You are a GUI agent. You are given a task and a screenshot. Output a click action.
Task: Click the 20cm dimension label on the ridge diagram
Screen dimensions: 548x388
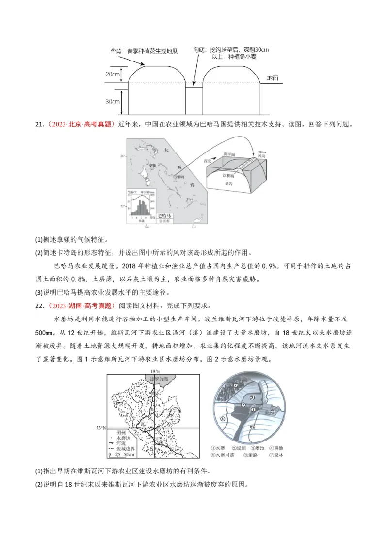point(112,74)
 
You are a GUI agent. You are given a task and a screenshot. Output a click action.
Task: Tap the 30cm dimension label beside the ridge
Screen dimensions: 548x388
point(112,101)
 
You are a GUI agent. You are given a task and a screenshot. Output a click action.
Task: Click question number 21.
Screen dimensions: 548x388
point(39,125)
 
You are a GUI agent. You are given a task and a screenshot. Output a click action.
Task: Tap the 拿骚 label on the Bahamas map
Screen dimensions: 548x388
point(152,165)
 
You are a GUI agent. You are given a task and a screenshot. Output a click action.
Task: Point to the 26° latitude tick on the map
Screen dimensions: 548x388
point(123,156)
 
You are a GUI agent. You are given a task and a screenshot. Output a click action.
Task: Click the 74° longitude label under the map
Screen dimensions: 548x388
point(194,227)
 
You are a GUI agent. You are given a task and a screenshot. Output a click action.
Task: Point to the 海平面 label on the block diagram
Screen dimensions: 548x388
point(228,153)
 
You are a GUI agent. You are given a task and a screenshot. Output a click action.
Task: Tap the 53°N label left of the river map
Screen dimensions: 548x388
point(101,428)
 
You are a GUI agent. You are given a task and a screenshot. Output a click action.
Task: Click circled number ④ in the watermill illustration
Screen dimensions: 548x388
point(223,419)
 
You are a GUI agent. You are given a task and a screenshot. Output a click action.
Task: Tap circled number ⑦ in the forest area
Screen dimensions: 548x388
point(235,385)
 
